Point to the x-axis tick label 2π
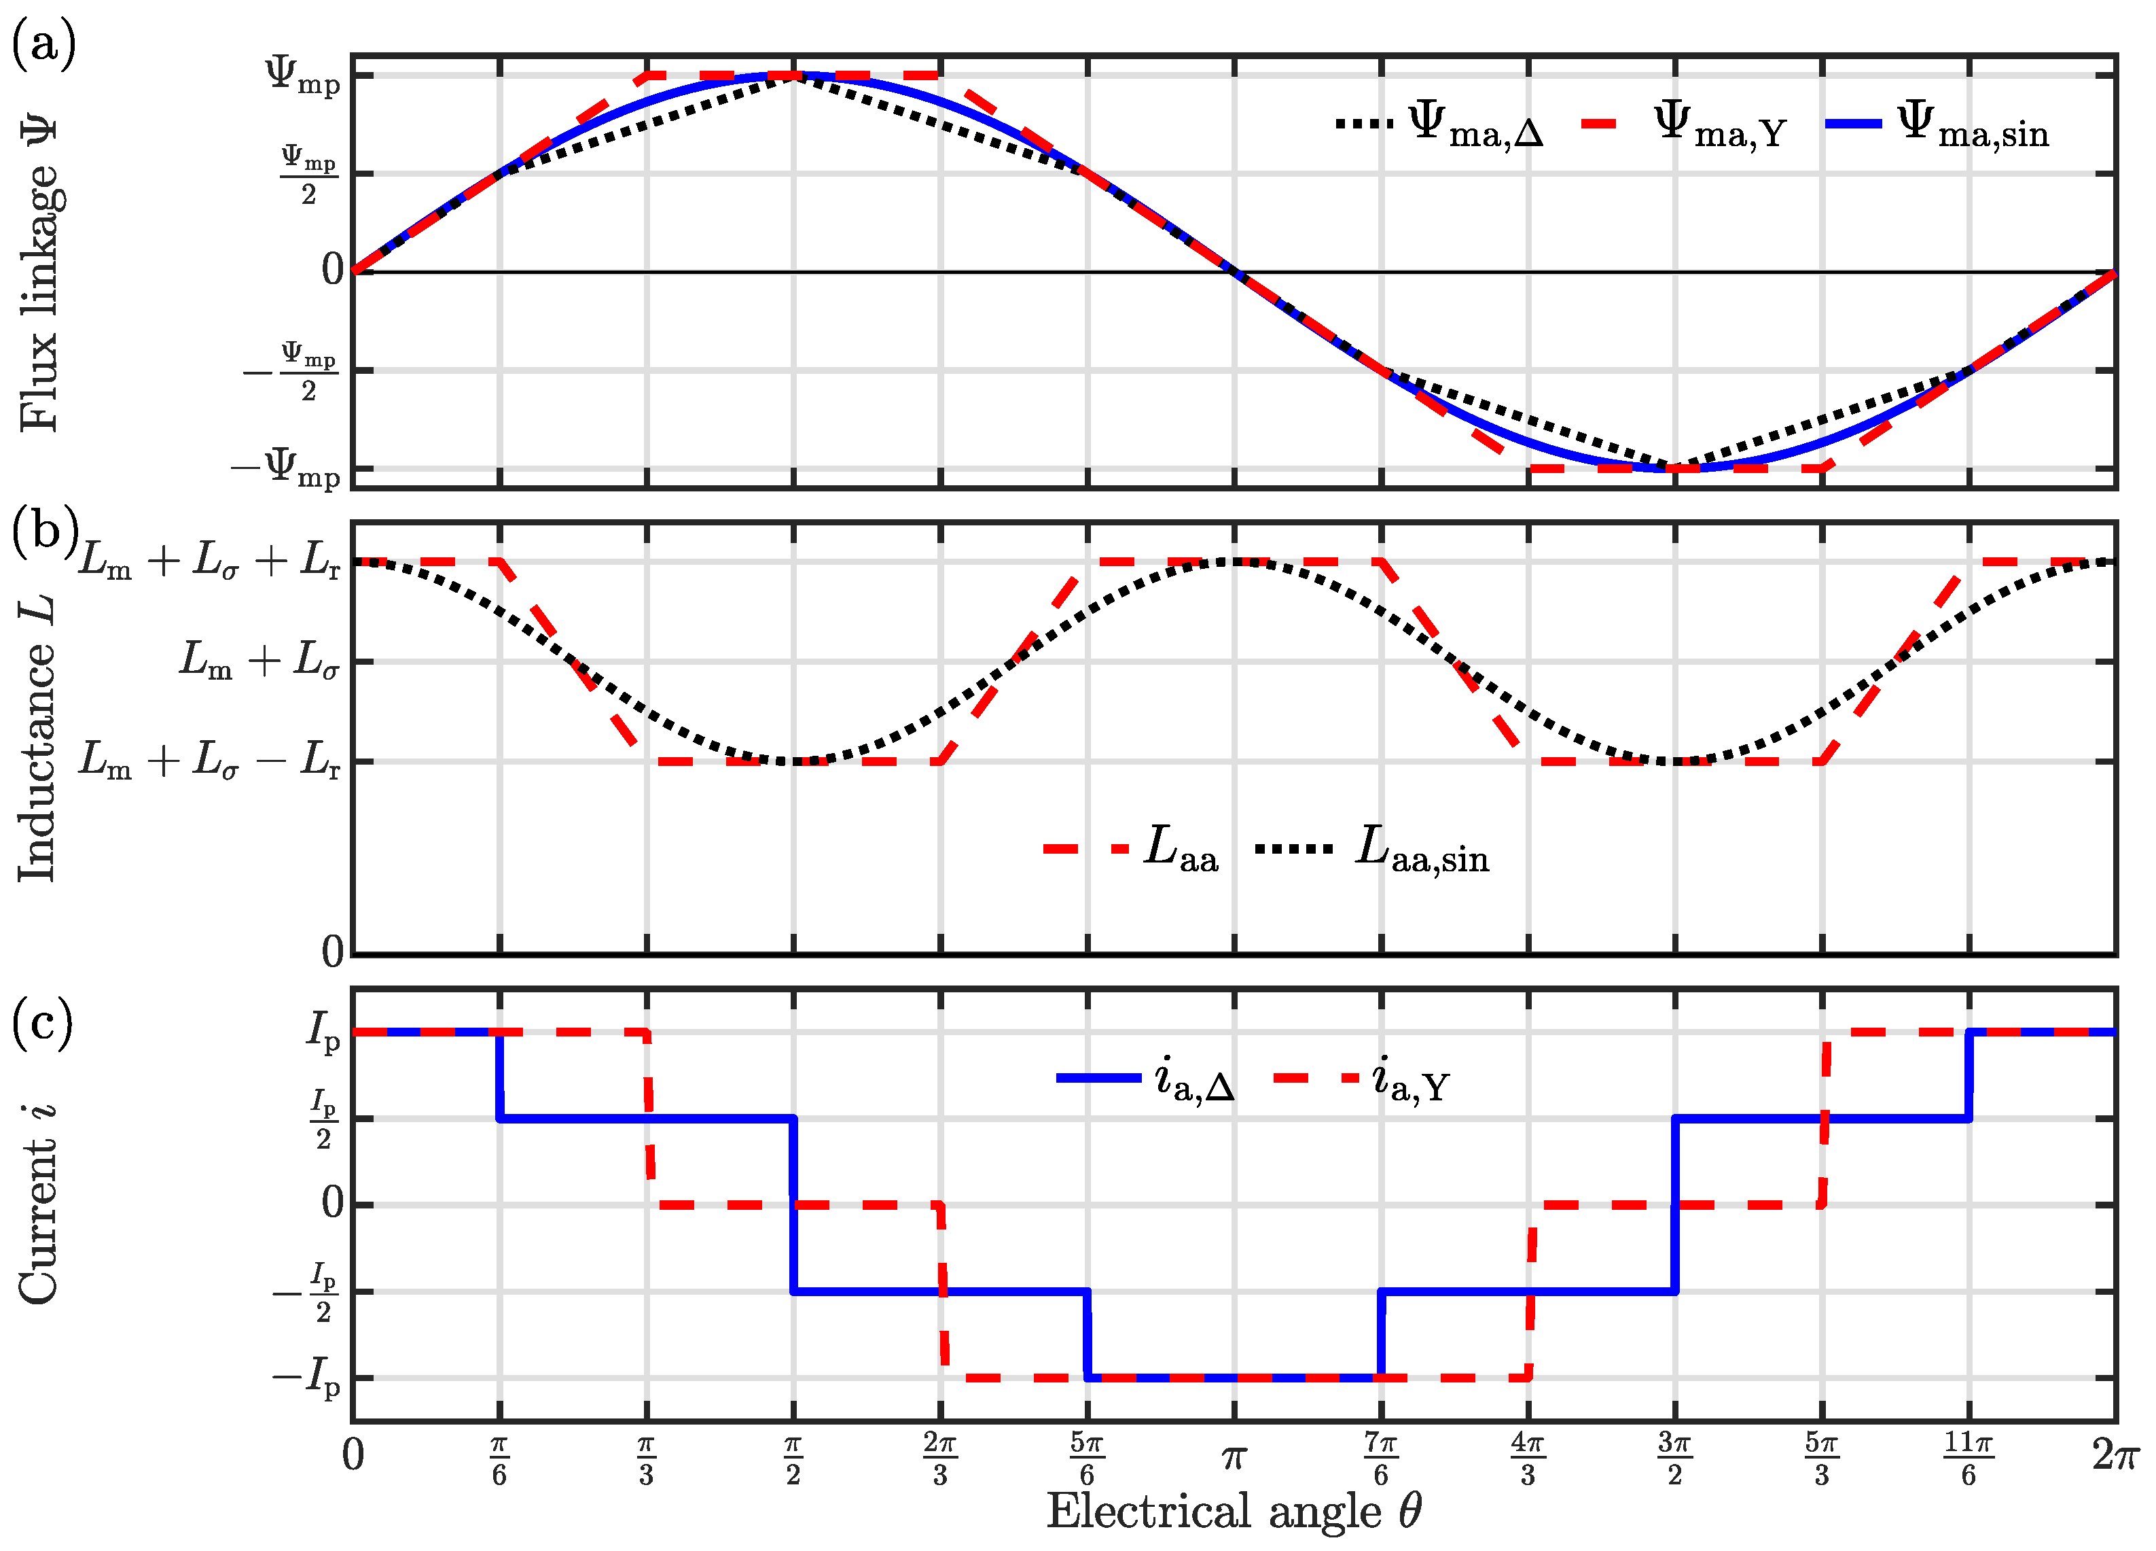coord(2116,1455)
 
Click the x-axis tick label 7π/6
coord(1380,1459)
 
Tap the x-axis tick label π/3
coord(647,1459)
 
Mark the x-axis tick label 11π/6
coord(1968,1459)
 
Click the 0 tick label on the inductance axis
coord(331,951)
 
